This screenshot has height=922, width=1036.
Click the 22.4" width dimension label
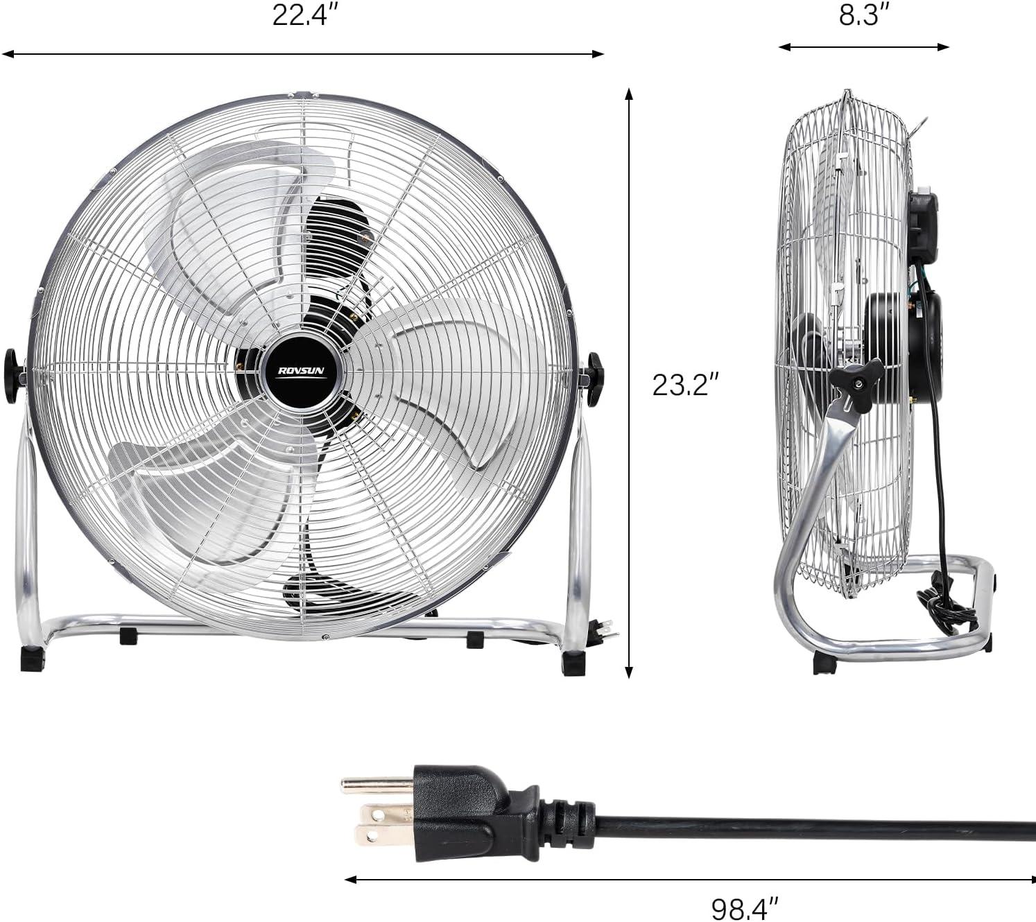click(304, 16)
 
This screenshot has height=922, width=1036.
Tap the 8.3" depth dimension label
click(864, 15)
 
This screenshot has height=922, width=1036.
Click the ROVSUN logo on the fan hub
click(301, 371)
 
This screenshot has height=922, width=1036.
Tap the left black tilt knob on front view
click(12, 376)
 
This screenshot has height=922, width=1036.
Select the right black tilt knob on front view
click(594, 379)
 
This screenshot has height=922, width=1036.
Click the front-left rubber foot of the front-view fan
click(32, 659)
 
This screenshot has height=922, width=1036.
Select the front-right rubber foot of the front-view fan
click(573, 663)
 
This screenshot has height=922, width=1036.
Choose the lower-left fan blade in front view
click(201, 492)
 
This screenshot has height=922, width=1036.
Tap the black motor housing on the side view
click(901, 347)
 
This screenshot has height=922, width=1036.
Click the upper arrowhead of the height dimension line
click(628, 94)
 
